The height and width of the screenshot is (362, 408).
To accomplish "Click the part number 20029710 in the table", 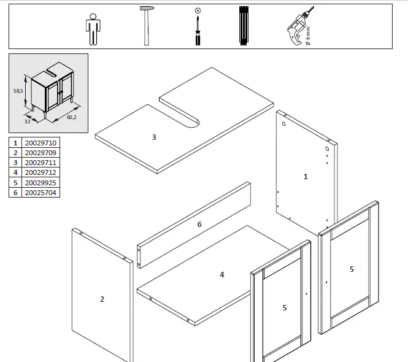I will tap(40, 142).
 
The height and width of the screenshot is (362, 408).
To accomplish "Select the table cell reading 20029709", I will tap(40, 152).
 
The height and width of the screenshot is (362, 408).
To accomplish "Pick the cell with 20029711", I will tap(40, 163).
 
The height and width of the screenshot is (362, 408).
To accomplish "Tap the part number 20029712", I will tap(40, 172).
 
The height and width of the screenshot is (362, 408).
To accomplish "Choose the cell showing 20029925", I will tap(40, 183).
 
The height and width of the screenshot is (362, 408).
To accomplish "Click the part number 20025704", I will tap(40, 193).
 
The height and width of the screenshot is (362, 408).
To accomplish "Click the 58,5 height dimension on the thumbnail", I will tap(19, 90).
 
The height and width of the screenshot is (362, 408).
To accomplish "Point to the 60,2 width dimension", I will tap(71, 117).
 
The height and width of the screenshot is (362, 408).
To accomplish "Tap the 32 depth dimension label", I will tap(27, 121).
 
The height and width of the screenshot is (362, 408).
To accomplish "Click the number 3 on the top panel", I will tap(154, 137).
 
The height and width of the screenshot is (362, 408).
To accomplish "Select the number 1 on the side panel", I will tap(306, 176).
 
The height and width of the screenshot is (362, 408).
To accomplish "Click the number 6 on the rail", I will tap(199, 225).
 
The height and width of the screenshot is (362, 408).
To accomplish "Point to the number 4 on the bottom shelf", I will tap(222, 274).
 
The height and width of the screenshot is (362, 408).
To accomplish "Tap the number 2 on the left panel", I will tap(102, 299).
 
